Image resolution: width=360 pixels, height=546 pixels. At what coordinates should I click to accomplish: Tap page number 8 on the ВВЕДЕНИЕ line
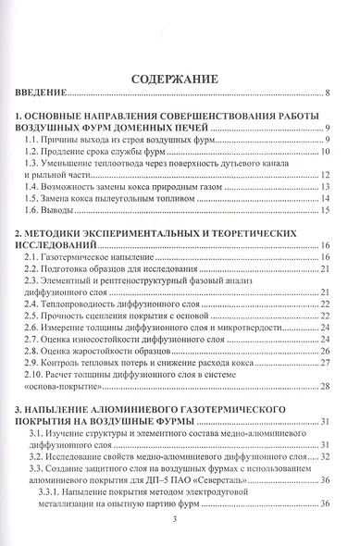(x=328, y=93)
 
